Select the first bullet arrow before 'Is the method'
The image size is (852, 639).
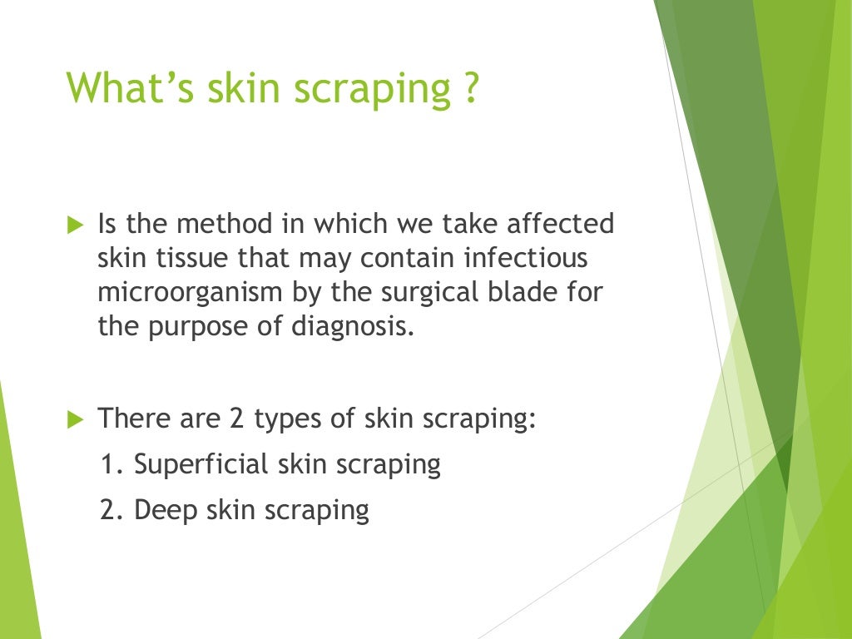point(76,225)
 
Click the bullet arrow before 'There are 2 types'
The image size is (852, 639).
point(76,419)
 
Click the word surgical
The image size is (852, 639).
point(458,293)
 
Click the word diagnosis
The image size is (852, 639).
point(353,326)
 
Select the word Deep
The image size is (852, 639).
point(162,509)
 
